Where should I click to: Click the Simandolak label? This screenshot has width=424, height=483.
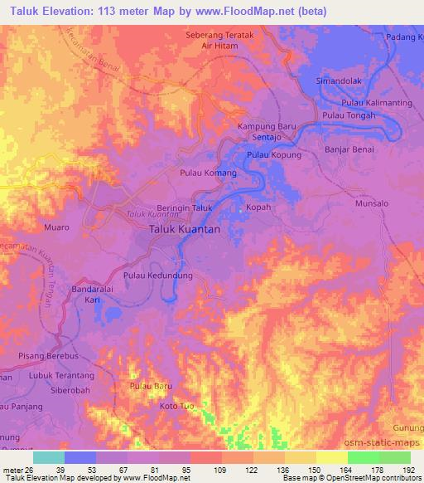[x=339, y=81]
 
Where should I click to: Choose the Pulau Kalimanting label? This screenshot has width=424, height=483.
[x=377, y=102]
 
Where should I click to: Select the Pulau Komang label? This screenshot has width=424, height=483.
[x=208, y=173]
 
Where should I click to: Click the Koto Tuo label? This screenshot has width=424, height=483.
[x=175, y=407]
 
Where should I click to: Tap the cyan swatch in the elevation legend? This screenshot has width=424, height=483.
[x=49, y=457]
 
